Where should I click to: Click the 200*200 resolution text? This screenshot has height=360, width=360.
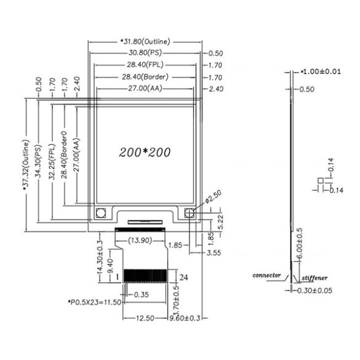click(x=146, y=151)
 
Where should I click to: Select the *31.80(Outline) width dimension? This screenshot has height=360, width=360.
click(x=147, y=41)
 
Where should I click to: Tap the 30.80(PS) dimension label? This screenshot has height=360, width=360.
click(x=147, y=54)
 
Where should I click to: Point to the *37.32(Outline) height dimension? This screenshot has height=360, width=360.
click(x=27, y=161)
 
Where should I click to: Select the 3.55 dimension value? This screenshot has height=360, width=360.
click(x=215, y=253)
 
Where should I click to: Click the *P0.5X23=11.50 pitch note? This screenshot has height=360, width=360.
click(x=94, y=303)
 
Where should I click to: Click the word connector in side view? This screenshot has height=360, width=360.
click(x=267, y=275)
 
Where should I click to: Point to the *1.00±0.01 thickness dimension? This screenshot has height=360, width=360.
click(x=320, y=72)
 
